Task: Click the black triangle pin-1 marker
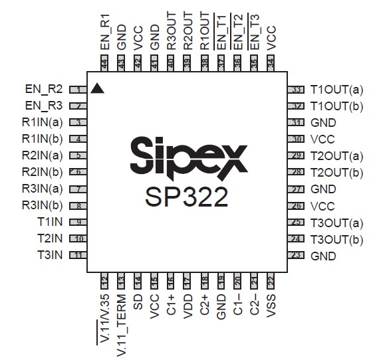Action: (98, 88)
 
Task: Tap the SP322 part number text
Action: (187, 197)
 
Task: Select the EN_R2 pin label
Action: (44, 89)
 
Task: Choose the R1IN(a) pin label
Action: (43, 122)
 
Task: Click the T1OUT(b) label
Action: (337, 106)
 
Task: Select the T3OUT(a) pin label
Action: (337, 223)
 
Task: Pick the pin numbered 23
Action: (296, 256)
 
